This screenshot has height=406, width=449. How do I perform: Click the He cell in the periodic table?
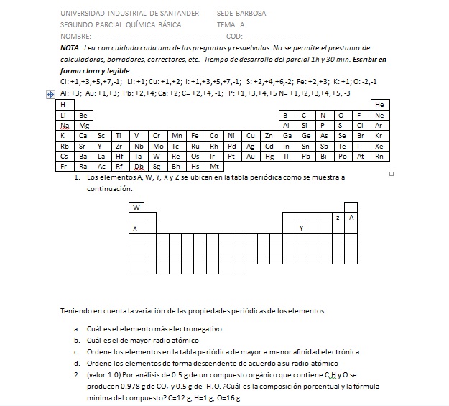pyautogui.click(x=379, y=105)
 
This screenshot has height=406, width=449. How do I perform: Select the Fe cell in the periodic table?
pyautogui.click(x=195, y=135)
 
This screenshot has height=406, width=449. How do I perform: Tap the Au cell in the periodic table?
pyautogui.click(x=251, y=155)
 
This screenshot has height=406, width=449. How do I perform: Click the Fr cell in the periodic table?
pyautogui.click(x=63, y=165)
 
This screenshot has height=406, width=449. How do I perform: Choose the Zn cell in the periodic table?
pyautogui.click(x=269, y=135)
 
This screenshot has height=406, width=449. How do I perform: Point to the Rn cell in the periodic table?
pyautogui.click(x=379, y=155)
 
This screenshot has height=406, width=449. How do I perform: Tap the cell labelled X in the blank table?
pyautogui.click(x=135, y=228)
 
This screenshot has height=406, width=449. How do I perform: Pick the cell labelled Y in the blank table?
pyautogui.click(x=301, y=228)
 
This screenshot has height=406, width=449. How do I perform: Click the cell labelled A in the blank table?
pyautogui.click(x=351, y=217)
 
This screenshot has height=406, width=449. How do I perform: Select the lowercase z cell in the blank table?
pyautogui.click(x=338, y=217)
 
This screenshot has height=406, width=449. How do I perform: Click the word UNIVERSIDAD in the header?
pyautogui.click(x=83, y=13)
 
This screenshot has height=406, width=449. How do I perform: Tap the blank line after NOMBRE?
pyautogui.click(x=158, y=36)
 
